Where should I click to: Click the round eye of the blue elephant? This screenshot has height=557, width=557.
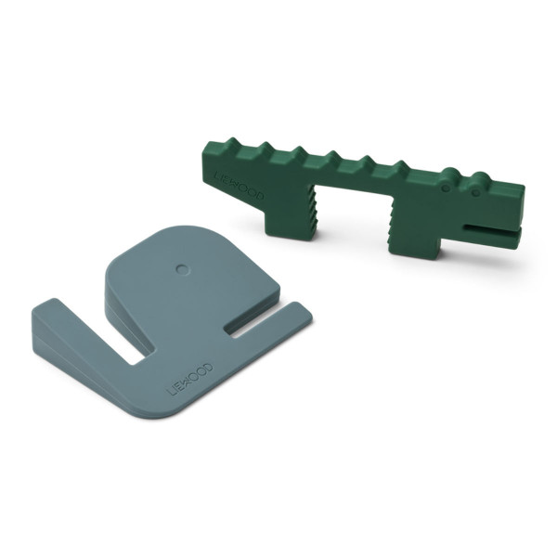click(182, 269)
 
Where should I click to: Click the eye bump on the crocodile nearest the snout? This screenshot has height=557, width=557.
click(477, 178)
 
